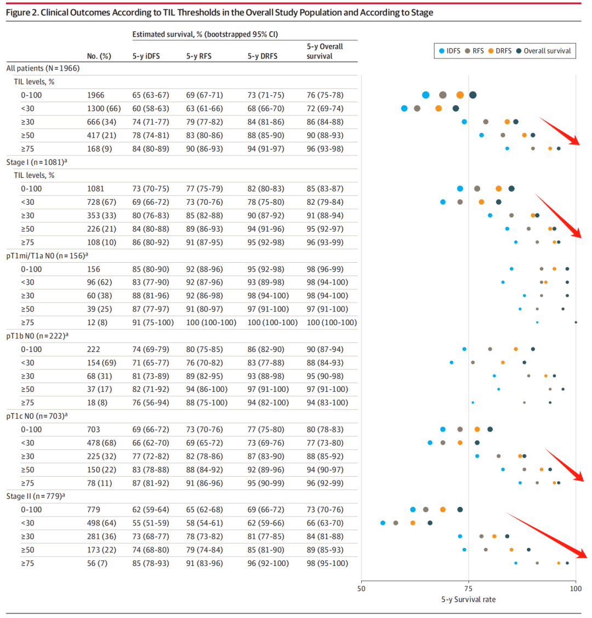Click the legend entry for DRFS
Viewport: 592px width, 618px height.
coord(499,51)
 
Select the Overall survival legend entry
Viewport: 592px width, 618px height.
coord(547,51)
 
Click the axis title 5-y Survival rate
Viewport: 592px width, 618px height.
coord(468,599)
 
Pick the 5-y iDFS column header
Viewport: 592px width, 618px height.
coord(146,56)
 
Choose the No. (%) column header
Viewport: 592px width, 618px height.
coord(99,56)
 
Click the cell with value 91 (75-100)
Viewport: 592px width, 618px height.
coord(153,322)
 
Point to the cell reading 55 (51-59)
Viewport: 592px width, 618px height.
coord(151,523)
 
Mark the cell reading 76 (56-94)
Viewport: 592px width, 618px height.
coord(151,402)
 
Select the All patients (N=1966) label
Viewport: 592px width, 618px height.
coord(43,68)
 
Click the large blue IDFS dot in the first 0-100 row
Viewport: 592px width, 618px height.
coord(426,95)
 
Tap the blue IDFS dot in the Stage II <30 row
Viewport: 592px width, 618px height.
coord(383,523)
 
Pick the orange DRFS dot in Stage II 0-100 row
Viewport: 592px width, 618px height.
coord(443,510)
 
